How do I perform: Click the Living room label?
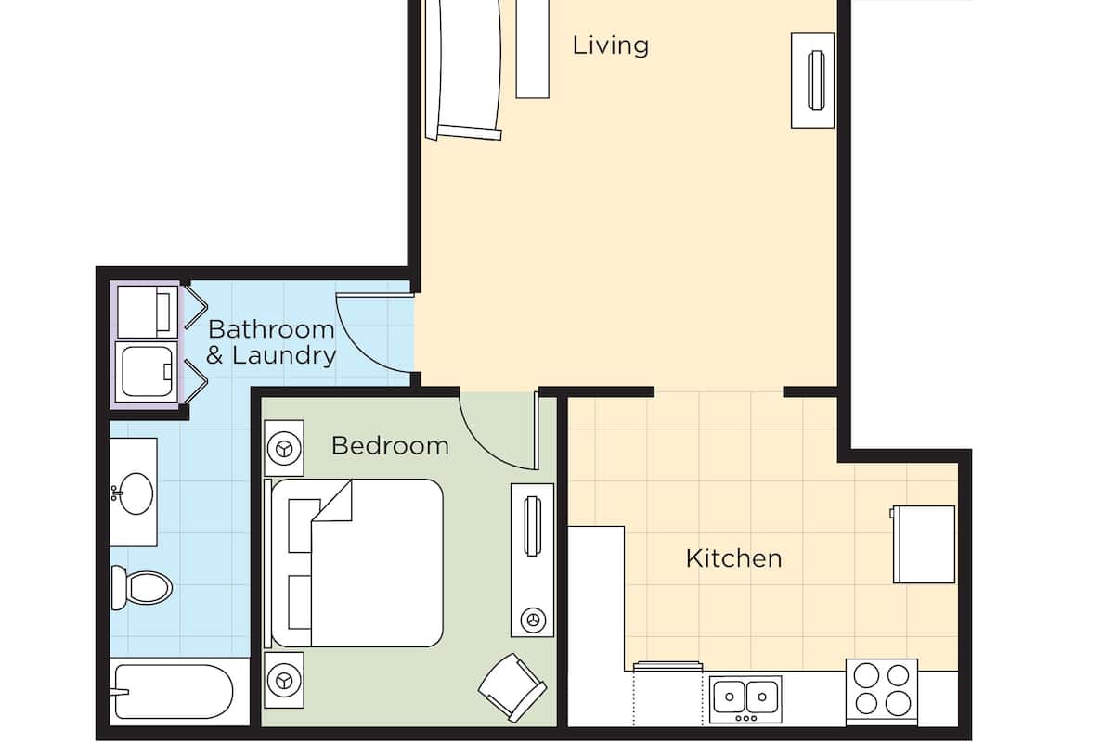pos(610,45)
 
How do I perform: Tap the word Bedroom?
pos(391,446)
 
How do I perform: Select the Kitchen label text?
pos(733,558)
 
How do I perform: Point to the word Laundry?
pos(284,356)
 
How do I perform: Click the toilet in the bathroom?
pos(141,587)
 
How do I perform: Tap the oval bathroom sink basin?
pos(136,493)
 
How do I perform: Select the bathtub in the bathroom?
pos(174,691)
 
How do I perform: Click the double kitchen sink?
pos(745,698)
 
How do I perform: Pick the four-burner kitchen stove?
pos(882,692)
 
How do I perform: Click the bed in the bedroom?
pos(354,563)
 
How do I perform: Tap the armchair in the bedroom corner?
pos(512,687)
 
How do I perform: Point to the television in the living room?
pos(816,81)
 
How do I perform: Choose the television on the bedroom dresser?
pos(532,526)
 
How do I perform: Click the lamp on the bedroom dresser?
pos(533,620)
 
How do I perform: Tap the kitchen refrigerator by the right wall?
pos(924,544)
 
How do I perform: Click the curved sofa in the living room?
pos(462,70)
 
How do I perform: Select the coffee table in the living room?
pos(532,49)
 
